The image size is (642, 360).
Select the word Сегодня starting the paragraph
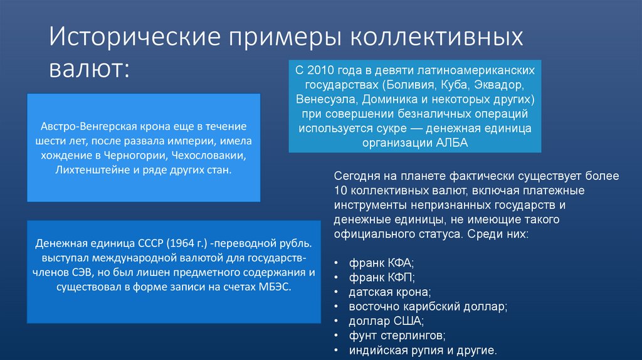pyautogui.click(x=356, y=176)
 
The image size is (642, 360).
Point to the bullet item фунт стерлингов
pyautogui.click(x=396, y=336)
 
